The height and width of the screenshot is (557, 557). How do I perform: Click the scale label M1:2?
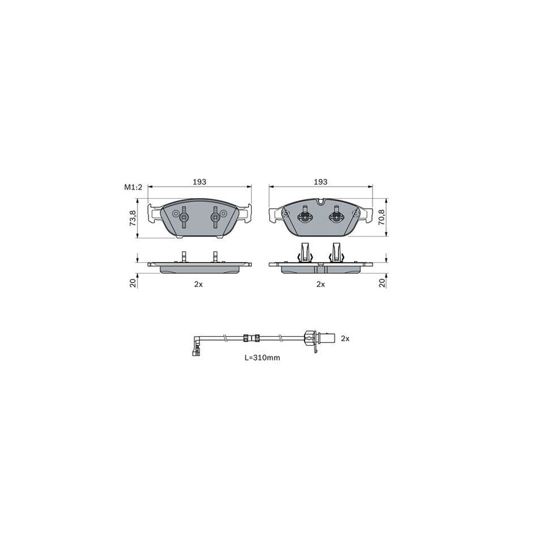(133, 187)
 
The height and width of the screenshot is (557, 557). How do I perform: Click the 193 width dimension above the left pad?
(200, 182)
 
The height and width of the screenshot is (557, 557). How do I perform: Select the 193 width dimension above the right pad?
(321, 182)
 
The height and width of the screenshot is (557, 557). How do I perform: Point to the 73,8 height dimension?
(133, 218)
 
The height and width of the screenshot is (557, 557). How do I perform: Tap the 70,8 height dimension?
(381, 217)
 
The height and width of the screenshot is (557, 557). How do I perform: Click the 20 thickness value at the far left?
(133, 283)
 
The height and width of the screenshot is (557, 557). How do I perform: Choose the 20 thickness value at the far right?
(382, 283)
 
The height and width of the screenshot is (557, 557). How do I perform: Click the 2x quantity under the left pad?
(198, 284)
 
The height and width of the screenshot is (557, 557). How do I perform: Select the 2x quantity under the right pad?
(321, 284)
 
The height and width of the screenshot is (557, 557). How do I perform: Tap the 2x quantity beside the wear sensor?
(345, 339)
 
